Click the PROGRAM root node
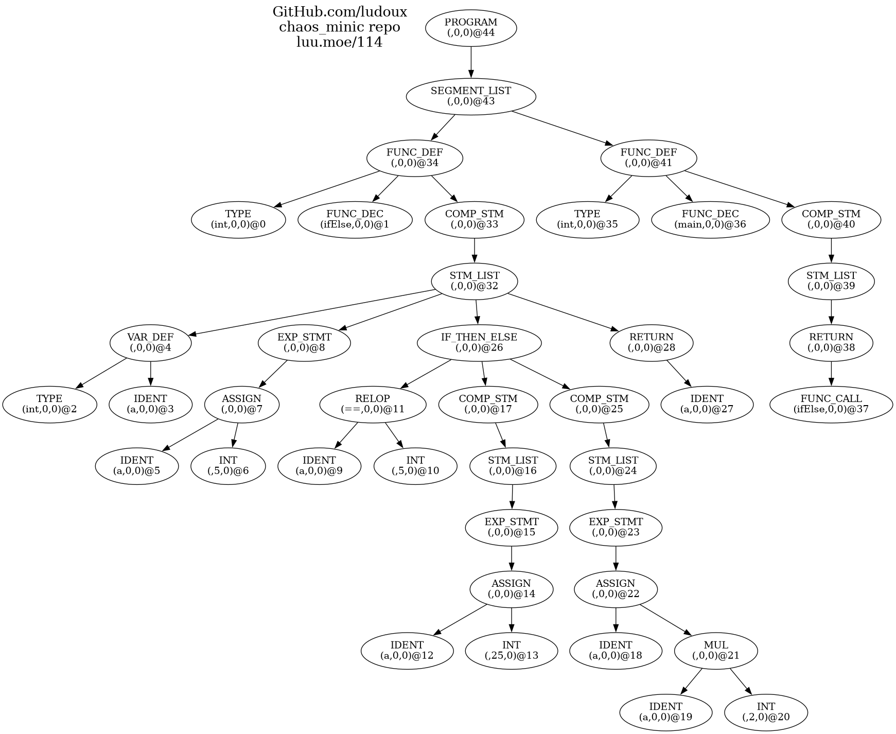(470, 28)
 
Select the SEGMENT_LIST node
(470, 96)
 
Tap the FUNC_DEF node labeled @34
(414, 158)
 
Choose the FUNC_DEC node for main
(710, 220)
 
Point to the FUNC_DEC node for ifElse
(355, 220)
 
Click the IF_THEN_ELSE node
(479, 343)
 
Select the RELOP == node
(373, 405)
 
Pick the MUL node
(715, 651)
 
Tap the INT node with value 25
(511, 651)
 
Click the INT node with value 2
(765, 712)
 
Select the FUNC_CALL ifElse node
(831, 405)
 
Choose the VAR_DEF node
(150, 343)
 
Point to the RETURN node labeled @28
(651, 343)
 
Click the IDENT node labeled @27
(707, 405)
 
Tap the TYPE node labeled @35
(587, 220)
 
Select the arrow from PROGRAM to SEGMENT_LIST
(470, 62)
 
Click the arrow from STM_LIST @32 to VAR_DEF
(314, 313)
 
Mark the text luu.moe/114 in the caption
(339, 42)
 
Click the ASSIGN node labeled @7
(241, 405)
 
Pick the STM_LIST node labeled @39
(831, 282)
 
